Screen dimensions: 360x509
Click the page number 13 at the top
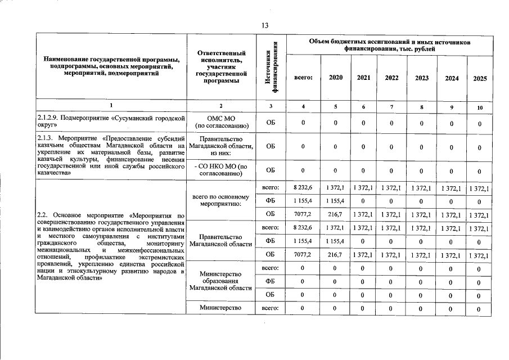(x=264, y=24)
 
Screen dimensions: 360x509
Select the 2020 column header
(x=335, y=78)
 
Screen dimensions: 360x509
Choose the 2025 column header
(x=480, y=79)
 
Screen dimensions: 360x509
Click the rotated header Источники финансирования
(x=272, y=69)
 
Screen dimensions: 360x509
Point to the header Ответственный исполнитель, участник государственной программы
(x=221, y=67)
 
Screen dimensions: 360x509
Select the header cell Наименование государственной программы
(x=111, y=66)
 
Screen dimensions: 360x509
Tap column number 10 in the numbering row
(x=480, y=107)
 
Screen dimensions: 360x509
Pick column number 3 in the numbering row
(x=271, y=106)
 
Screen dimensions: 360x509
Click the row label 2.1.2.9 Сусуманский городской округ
(x=111, y=122)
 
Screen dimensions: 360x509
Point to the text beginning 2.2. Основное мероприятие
(x=111, y=246)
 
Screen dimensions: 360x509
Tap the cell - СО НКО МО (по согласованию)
(x=221, y=170)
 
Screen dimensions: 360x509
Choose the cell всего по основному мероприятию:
(x=221, y=200)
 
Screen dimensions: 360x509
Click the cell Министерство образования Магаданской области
(x=221, y=281)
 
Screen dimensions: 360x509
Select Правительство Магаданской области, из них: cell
(x=221, y=146)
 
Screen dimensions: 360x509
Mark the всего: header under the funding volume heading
(x=304, y=78)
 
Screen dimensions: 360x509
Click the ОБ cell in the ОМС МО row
(x=271, y=123)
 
